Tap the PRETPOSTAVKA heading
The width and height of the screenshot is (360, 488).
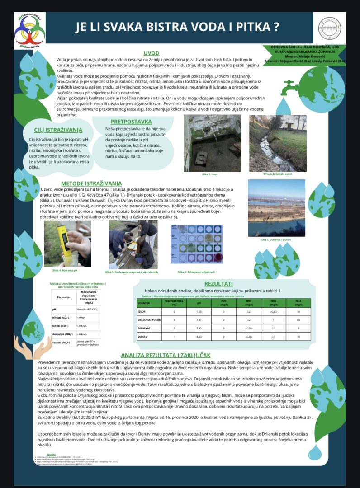pos(131,122)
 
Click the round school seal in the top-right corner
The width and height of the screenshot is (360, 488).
pos(329,28)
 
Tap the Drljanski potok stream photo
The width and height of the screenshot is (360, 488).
pos(278,143)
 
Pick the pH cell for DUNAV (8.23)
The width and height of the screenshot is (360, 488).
pos(199,337)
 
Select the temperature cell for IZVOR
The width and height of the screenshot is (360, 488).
pos(173,312)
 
